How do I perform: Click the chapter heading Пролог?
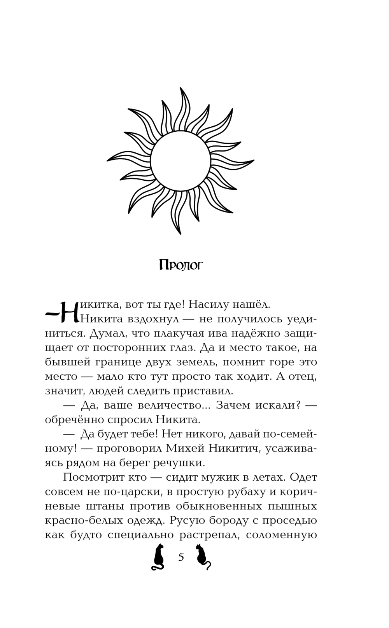click(181, 265)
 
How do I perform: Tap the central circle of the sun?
click(180, 160)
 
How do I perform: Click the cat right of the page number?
click(203, 557)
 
